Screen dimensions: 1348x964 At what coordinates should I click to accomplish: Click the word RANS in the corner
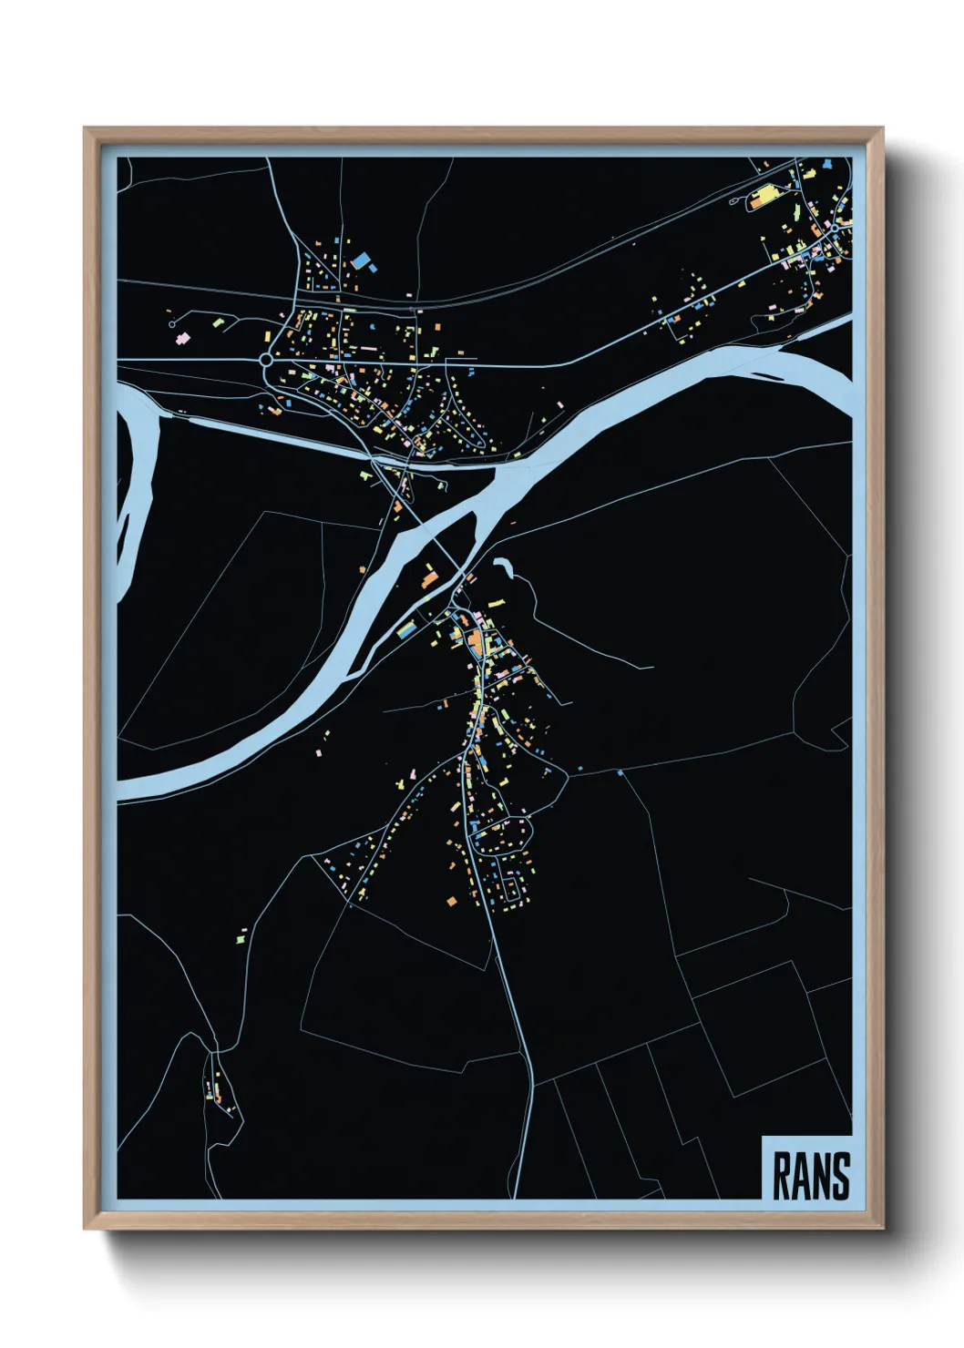pyautogui.click(x=811, y=1176)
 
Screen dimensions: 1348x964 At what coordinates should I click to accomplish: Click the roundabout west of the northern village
pyautogui.click(x=265, y=361)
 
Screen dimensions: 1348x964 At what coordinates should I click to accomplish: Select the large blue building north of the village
pyautogui.click(x=363, y=260)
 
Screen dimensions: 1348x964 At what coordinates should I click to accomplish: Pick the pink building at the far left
pyautogui.click(x=181, y=338)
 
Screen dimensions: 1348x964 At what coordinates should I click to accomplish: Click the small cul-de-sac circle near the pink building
pyautogui.click(x=171, y=323)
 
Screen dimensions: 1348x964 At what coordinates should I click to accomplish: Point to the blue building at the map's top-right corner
pyautogui.click(x=826, y=165)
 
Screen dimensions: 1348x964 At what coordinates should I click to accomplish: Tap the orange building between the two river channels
pyautogui.click(x=428, y=578)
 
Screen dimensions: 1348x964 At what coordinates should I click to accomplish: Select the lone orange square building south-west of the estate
pyautogui.click(x=450, y=902)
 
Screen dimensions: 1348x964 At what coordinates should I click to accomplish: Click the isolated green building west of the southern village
pyautogui.click(x=241, y=935)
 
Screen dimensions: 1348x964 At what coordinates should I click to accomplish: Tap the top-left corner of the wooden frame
pyautogui.click(x=86, y=129)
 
